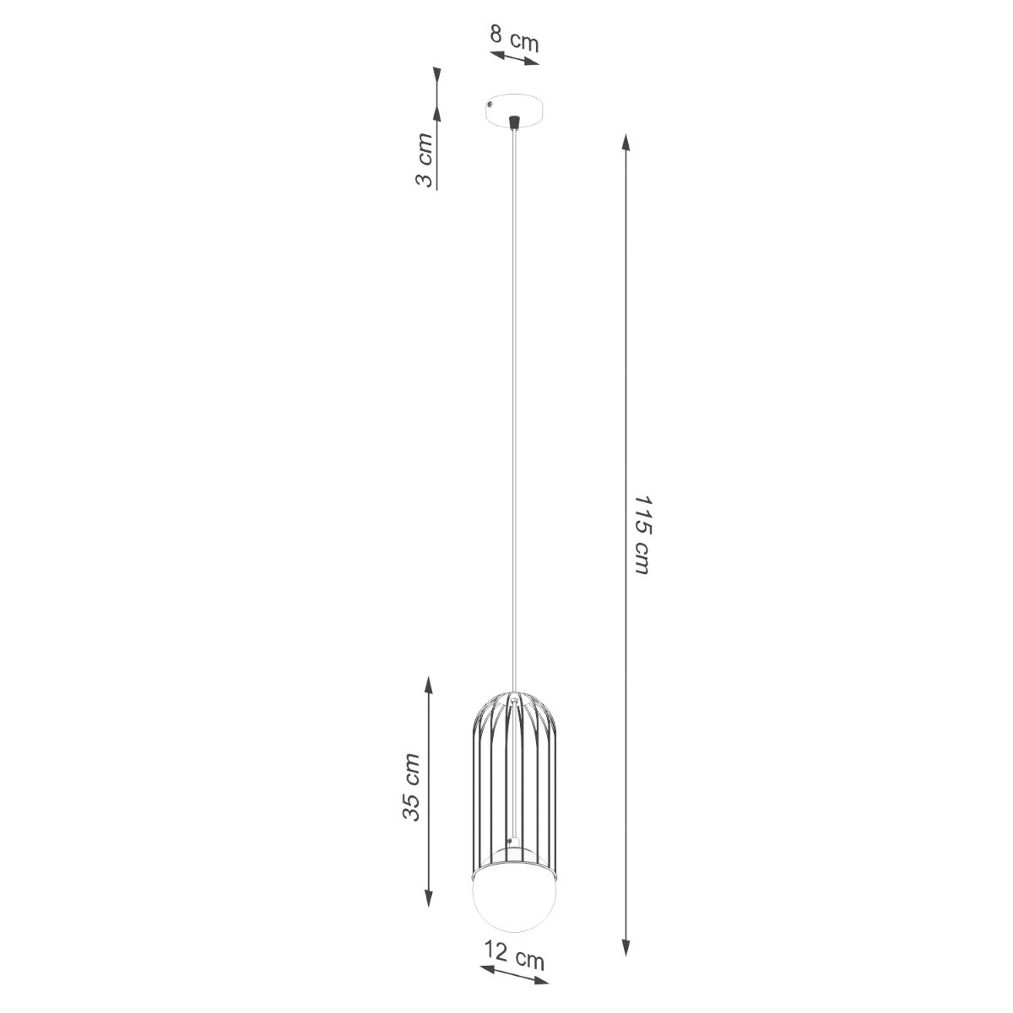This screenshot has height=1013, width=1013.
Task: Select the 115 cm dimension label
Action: (642, 536)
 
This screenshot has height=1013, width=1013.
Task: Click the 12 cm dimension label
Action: (513, 958)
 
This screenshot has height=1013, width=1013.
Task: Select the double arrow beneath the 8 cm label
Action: (514, 58)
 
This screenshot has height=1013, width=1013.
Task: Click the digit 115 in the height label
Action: (642, 513)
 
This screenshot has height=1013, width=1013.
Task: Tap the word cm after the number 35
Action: (411, 767)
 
